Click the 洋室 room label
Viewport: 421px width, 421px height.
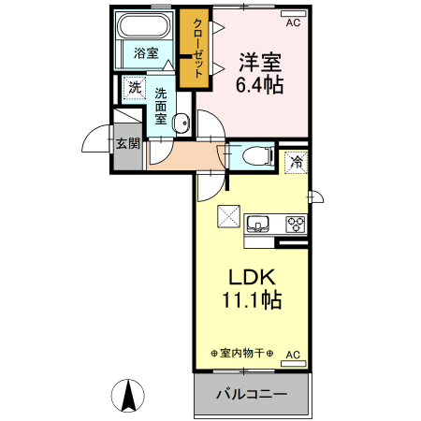pyautogui.click(x=260, y=63)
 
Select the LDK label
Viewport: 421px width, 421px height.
pyautogui.click(x=252, y=278)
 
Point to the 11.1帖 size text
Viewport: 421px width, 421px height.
pyautogui.click(x=252, y=300)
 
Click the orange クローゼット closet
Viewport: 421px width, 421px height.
pyautogui.click(x=198, y=50)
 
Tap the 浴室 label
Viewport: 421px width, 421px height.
pyautogui.click(x=145, y=53)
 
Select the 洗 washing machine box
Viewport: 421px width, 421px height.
pyautogui.click(x=135, y=88)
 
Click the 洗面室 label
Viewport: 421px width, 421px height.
pyautogui.click(x=161, y=106)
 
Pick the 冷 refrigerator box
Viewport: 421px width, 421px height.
pyautogui.click(x=296, y=163)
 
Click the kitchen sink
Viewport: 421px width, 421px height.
pyautogui.click(x=258, y=225)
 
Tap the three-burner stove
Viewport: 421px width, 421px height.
pyautogui.click(x=296, y=225)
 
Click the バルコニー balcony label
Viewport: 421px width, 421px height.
pyautogui.click(x=251, y=394)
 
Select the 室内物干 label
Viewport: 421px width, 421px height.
pyautogui.click(x=241, y=353)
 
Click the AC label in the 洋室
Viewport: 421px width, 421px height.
pyautogui.click(x=293, y=22)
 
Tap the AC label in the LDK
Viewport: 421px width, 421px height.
pyautogui.click(x=292, y=355)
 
